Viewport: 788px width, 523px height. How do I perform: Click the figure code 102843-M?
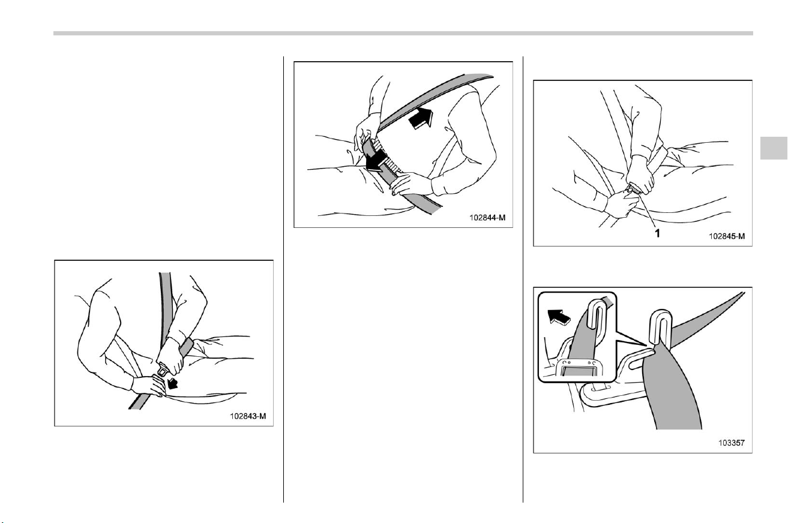tap(248, 416)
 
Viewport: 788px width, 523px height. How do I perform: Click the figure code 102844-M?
tap(487, 218)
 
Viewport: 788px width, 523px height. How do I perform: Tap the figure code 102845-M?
tap(727, 236)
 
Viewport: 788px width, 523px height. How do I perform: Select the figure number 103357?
tap(732, 443)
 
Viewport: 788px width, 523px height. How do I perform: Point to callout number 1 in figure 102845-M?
tap(657, 233)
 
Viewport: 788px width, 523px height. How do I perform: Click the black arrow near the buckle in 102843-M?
tap(172, 383)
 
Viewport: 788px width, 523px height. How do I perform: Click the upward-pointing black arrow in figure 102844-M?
tap(421, 118)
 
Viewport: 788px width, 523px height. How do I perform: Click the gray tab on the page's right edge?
tap(774, 148)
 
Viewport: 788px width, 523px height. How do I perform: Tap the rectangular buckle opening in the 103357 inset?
tap(579, 371)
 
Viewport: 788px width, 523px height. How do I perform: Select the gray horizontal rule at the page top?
tap(403, 34)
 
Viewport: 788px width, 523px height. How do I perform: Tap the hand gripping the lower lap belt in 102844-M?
tap(411, 184)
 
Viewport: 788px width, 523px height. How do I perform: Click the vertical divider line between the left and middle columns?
tap(283, 279)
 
